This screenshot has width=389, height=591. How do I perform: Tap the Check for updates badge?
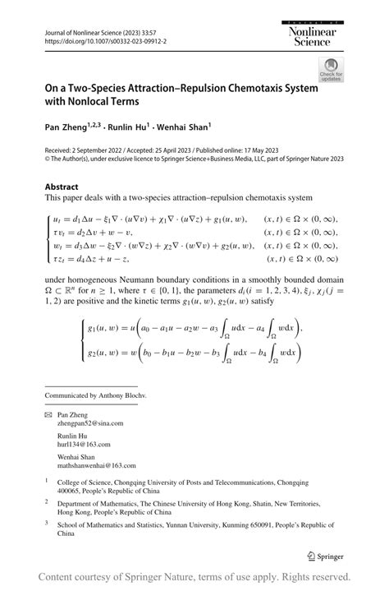point(331,69)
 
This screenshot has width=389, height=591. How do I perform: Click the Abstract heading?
point(63,187)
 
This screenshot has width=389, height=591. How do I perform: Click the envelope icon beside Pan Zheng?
point(48,415)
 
